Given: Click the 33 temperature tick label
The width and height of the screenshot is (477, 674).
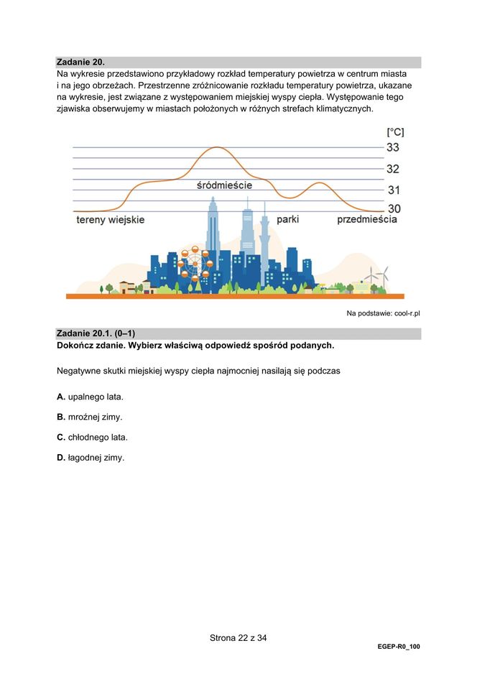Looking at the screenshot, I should pyautogui.click(x=393, y=147).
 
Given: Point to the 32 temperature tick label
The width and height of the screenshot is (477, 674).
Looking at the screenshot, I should pyautogui.click(x=393, y=169).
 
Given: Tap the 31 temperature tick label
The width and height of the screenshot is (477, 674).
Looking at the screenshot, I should pyautogui.click(x=394, y=190).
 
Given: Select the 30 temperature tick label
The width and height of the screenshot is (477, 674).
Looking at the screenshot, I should pyautogui.click(x=394, y=209).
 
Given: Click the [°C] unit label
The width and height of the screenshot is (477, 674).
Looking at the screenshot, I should pyautogui.click(x=394, y=131).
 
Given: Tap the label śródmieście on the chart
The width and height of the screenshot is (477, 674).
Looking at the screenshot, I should pyautogui.click(x=224, y=185).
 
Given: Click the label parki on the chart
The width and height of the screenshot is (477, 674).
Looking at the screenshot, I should pyautogui.click(x=287, y=219).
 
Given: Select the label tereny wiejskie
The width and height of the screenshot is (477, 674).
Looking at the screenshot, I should pyautogui.click(x=110, y=220).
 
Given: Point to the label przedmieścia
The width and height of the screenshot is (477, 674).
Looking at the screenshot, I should pyautogui.click(x=366, y=219).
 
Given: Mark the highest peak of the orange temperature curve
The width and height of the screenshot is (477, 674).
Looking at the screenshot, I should pyautogui.click(x=218, y=147).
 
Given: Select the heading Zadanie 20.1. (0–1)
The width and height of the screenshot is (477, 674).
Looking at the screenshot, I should pyautogui.click(x=96, y=333).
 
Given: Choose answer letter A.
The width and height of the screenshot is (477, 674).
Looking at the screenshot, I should pyautogui.click(x=60, y=397).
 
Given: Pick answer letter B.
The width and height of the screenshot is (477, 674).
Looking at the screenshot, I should pyautogui.click(x=60, y=417).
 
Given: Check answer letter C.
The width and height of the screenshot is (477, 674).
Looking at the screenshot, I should pyautogui.click(x=60, y=437).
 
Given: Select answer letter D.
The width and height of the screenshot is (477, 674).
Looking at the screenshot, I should pyautogui.click(x=60, y=457).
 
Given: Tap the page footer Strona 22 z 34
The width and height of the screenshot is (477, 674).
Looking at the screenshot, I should pyautogui.click(x=238, y=637).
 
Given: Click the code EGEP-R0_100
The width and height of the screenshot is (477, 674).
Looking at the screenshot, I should pyautogui.click(x=398, y=647).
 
